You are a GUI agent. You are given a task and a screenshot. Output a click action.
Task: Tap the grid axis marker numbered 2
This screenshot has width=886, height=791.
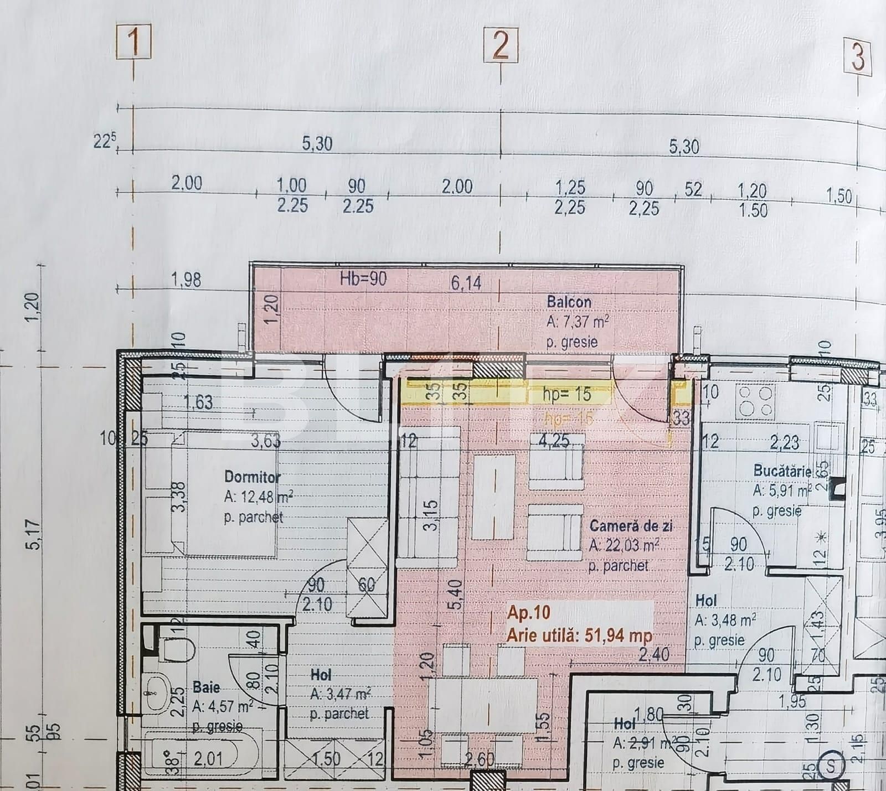(x=501, y=45)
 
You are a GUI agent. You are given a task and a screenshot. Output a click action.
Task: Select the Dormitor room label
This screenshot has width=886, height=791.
(x=252, y=477)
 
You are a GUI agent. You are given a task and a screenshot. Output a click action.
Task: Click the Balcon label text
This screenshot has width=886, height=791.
(x=569, y=302)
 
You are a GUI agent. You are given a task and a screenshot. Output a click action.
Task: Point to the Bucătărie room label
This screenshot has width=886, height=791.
(x=782, y=472)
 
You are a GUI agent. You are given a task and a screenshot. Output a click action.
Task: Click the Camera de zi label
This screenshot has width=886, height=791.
(x=631, y=525)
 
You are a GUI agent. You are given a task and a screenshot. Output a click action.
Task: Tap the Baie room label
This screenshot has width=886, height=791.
(x=206, y=687)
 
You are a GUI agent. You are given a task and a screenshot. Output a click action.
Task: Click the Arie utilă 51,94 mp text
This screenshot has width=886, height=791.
(x=579, y=635)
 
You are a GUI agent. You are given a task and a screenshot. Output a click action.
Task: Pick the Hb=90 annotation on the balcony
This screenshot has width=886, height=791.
(x=363, y=279)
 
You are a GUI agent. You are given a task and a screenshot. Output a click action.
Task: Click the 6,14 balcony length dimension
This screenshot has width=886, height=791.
(x=466, y=283)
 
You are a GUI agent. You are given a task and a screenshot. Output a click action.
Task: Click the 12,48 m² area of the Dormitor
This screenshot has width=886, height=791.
(x=259, y=497)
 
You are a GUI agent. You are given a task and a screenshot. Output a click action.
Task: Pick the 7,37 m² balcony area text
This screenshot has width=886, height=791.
(x=578, y=322)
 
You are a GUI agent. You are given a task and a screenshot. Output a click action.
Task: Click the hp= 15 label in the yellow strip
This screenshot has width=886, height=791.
(x=567, y=395)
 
